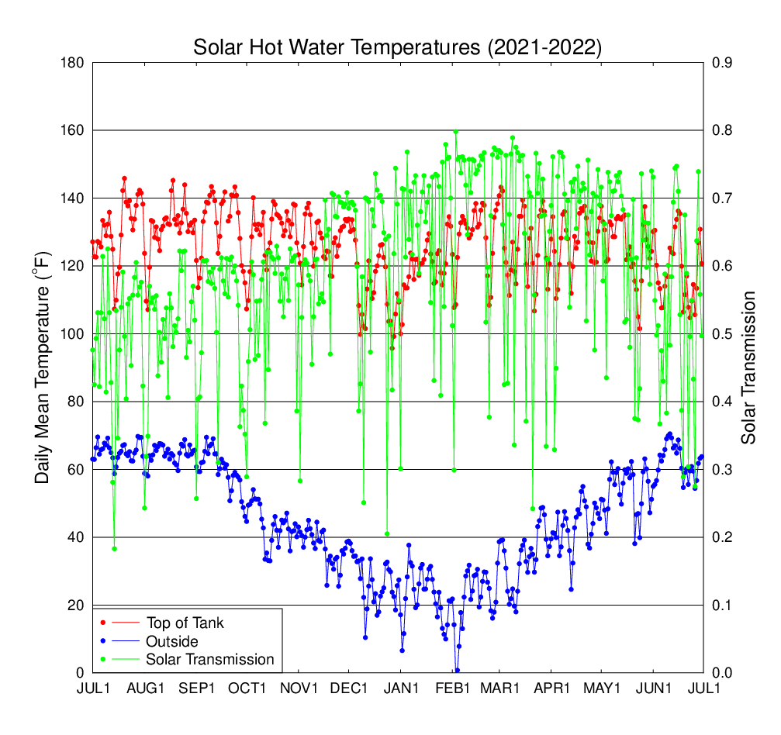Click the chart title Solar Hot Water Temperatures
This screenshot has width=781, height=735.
[x=337, y=48]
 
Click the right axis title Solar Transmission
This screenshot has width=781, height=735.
[x=748, y=367]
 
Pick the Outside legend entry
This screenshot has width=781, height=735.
[x=171, y=641]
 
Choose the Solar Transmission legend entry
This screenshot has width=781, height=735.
[x=209, y=660]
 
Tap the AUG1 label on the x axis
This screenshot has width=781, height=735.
[x=145, y=688]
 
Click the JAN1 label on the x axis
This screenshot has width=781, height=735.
[x=401, y=688]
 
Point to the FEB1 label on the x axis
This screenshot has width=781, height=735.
[x=453, y=688]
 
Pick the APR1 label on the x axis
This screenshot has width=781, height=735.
[x=552, y=688]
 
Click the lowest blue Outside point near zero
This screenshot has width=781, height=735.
[x=458, y=670]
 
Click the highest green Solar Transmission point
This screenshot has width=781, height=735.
[x=456, y=132]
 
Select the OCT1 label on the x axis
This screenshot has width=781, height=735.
[x=247, y=688]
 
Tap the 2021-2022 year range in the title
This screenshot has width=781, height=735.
[x=543, y=48]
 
